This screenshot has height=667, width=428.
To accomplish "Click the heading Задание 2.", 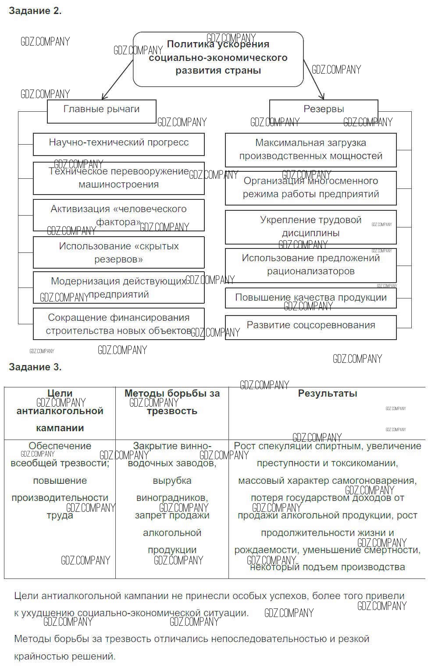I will click(35, 11).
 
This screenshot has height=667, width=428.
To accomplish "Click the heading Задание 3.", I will click(35, 367).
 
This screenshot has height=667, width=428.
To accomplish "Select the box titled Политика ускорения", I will click(218, 59).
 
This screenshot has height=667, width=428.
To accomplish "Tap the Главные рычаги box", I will click(101, 111).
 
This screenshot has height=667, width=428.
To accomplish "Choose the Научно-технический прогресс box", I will click(118, 144).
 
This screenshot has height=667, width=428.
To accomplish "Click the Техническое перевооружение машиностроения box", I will click(118, 178).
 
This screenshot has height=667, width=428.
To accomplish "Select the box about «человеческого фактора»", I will click(118, 215).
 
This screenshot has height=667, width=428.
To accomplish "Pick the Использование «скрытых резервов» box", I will click(118, 252).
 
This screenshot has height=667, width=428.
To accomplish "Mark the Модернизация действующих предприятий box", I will click(118, 287).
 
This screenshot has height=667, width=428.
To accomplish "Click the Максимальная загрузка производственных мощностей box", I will click(310, 150).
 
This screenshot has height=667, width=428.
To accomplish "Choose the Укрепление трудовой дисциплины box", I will click(310, 227).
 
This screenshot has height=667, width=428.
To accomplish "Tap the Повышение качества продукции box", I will click(310, 298).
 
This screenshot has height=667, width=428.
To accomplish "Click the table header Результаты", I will click(327, 394).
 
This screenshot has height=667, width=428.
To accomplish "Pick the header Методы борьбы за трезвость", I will click(172, 402).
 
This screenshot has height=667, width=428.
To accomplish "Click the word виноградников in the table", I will click(172, 498).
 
